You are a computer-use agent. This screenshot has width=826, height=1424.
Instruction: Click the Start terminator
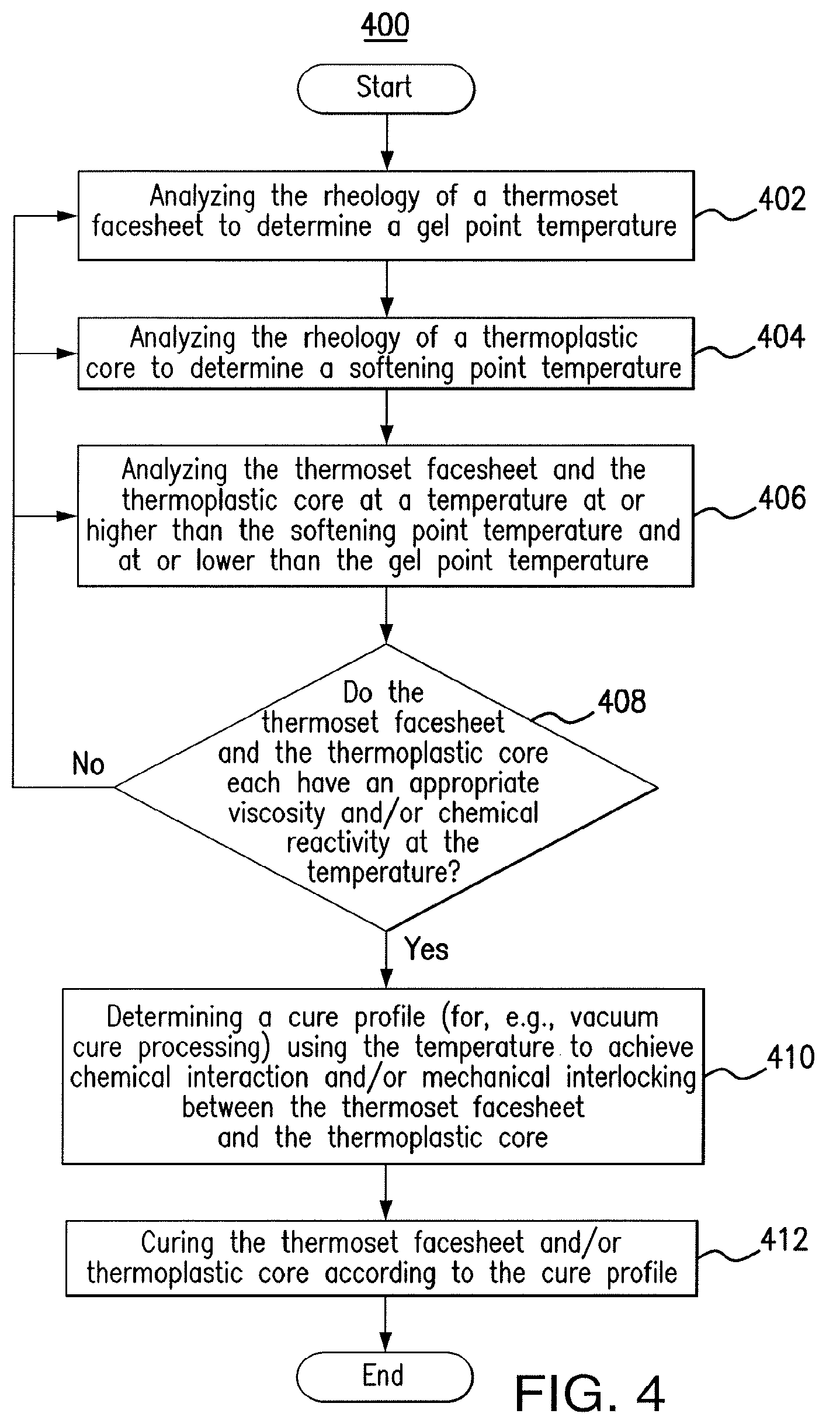(386, 89)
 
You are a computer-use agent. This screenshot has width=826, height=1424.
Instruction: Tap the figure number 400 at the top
(385, 26)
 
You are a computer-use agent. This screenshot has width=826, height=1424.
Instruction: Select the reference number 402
(782, 199)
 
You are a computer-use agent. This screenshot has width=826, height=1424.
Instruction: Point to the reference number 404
(781, 337)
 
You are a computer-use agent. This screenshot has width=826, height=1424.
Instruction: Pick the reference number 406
(782, 498)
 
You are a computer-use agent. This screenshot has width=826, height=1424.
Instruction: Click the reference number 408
(622, 701)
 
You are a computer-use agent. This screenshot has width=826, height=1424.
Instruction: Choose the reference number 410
(790, 1057)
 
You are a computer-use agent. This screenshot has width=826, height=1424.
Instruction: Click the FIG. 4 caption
(589, 1394)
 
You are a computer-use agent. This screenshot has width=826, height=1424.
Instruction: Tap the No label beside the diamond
(88, 764)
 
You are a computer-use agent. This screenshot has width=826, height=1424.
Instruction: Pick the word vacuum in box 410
(614, 1017)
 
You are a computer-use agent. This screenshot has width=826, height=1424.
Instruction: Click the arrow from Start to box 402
(386, 142)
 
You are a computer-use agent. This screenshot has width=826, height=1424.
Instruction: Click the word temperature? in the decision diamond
(384, 873)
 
